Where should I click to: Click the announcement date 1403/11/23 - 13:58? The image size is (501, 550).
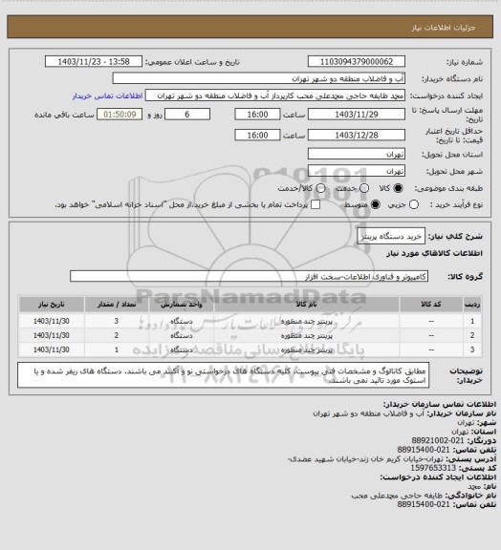95,61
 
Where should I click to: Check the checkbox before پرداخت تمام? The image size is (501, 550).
310,204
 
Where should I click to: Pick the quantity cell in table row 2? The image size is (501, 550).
116,336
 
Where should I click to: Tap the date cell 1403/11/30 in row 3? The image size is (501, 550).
54,351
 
